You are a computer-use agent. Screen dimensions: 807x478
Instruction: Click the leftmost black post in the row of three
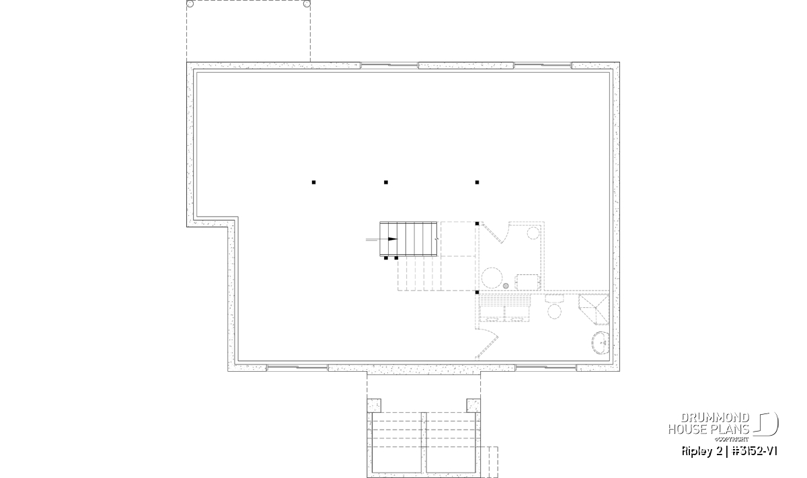tap(314, 182)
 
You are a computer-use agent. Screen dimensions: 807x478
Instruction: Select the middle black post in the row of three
tap(386, 182)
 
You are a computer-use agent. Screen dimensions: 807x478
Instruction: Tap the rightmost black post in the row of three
tap(477, 182)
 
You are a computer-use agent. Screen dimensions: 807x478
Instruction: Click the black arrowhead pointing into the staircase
tap(393, 239)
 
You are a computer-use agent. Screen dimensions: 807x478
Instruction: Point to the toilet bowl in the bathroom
tap(554, 311)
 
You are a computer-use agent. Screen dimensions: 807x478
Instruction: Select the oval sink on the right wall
tap(601, 343)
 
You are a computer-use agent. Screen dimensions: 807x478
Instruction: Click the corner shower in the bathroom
tap(594, 309)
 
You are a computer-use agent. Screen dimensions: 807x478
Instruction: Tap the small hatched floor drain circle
tap(506, 286)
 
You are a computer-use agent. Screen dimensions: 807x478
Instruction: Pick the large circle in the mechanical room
tap(492, 278)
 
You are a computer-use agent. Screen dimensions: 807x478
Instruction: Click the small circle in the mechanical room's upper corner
tap(533, 233)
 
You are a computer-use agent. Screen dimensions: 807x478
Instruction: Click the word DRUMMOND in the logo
tap(715, 418)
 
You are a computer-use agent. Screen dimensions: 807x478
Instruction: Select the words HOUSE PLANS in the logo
tap(709, 430)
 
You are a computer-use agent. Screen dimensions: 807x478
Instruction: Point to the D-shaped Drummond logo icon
tap(767, 424)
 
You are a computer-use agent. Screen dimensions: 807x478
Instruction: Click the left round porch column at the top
tap(190, 4)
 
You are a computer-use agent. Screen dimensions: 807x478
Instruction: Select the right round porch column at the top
tap(307, 4)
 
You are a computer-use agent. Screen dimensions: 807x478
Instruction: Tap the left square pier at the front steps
tap(374, 405)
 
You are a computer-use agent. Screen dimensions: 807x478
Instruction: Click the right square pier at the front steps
tap(473, 405)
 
